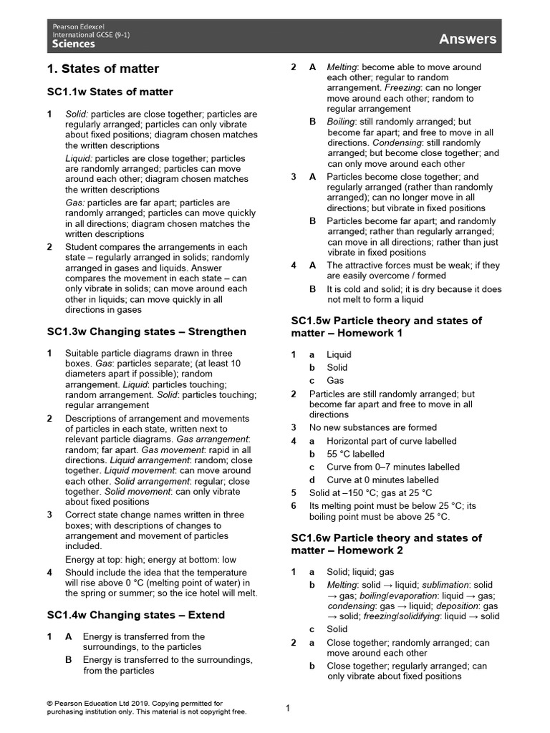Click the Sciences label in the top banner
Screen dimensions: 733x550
coord(74,44)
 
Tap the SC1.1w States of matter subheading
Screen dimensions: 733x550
coord(110,92)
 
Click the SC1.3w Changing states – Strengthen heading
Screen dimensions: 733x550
coord(146,331)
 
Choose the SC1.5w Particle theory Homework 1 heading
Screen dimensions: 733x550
coord(386,326)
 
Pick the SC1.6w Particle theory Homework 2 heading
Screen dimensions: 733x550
coord(386,544)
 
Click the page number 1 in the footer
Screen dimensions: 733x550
coord(288,709)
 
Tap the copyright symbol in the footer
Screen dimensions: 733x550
coord(50,704)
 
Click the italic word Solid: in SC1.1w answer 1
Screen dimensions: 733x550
coord(77,114)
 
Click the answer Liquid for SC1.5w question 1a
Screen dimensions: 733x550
coord(339,354)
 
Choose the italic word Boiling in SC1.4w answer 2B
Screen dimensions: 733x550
coord(340,122)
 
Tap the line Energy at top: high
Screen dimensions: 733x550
coord(115,560)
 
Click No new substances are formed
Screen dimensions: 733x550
coord(372,427)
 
